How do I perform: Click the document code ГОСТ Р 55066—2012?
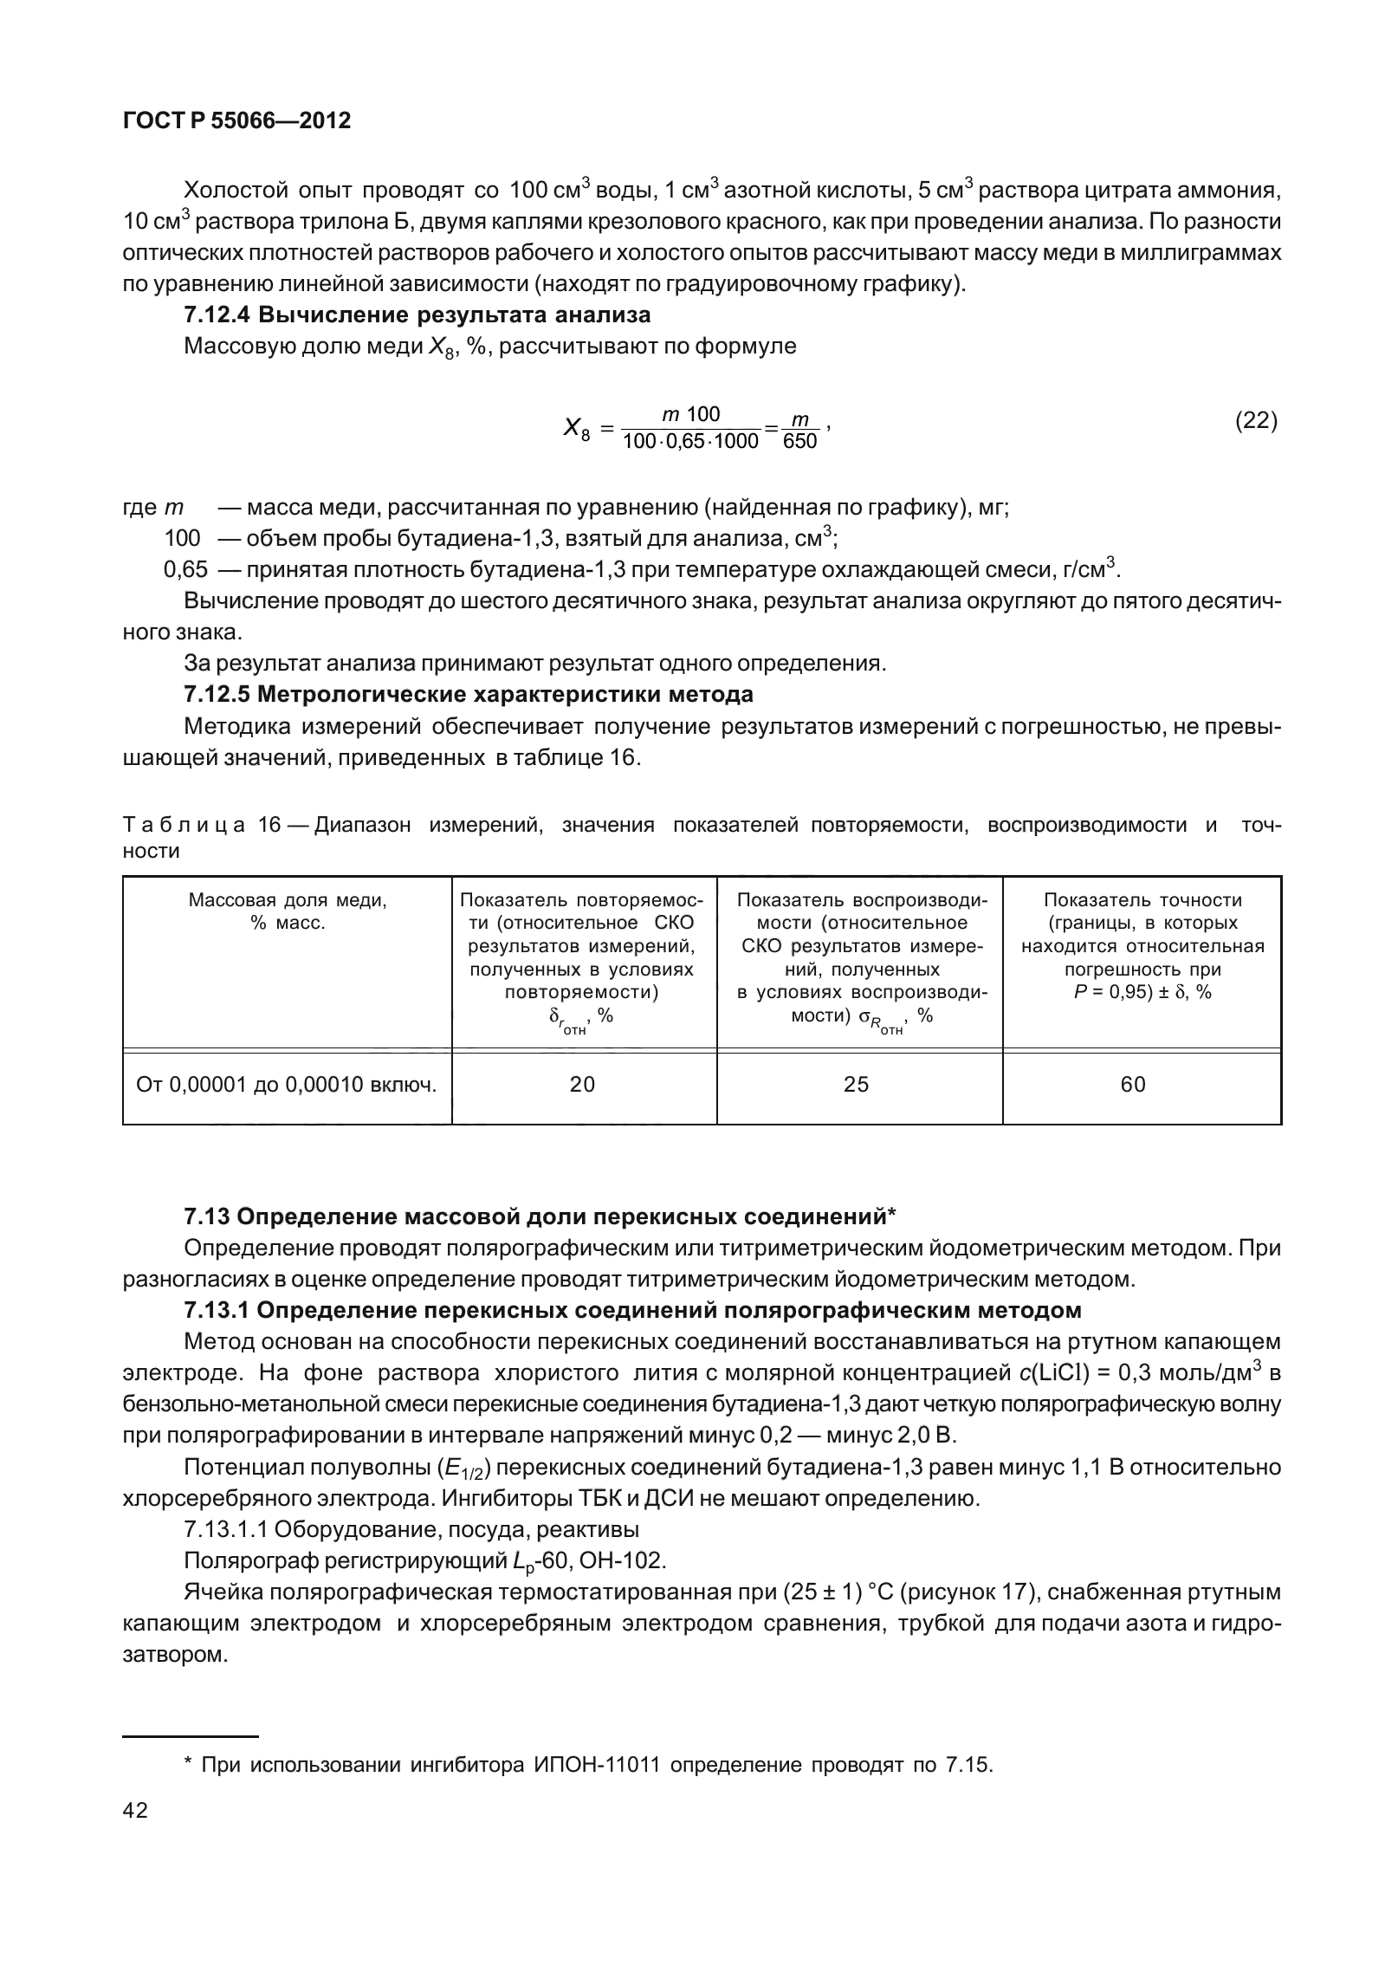(237, 121)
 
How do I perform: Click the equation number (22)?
(1255, 421)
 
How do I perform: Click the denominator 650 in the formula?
(799, 443)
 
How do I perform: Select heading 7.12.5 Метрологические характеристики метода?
(468, 694)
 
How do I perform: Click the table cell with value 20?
(583, 1085)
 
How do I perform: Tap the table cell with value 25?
(856, 1085)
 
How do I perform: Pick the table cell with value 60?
(1133, 1085)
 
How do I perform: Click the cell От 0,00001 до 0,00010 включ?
(287, 1085)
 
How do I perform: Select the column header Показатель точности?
(1142, 900)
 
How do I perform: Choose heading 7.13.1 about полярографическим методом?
(632, 1311)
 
